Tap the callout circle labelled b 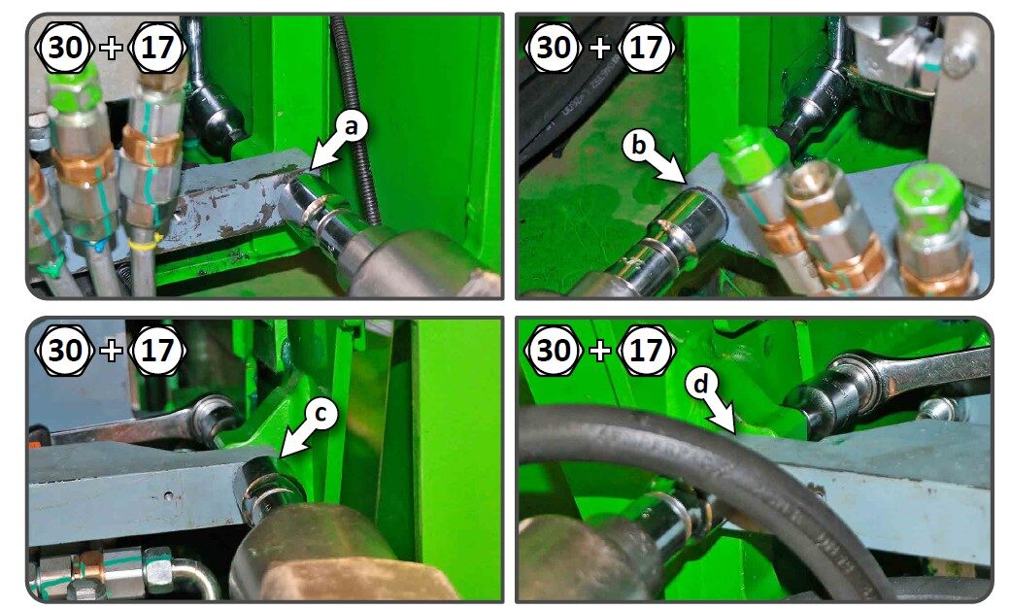(x=638, y=145)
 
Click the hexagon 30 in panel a (x=65, y=48)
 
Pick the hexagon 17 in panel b (x=645, y=48)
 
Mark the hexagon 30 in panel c (x=65, y=351)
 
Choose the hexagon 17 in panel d (x=645, y=351)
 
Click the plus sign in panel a (x=112, y=48)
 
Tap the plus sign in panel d (x=599, y=351)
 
